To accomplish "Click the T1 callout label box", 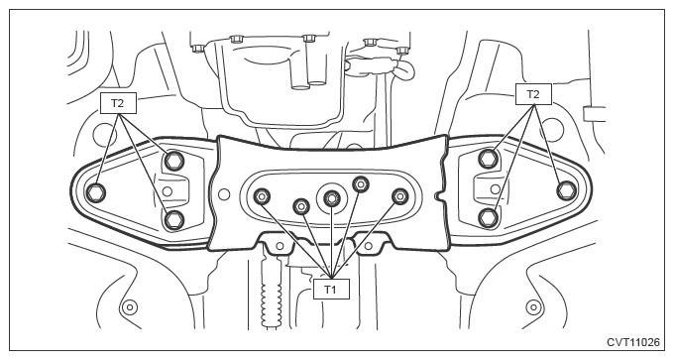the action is [x=331, y=289].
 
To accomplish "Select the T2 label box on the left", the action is [x=118, y=103].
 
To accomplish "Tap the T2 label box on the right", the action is [x=533, y=94].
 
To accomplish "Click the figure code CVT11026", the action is [x=632, y=342].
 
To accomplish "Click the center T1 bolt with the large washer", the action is [x=330, y=197].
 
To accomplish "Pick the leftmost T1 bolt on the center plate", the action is [x=262, y=197].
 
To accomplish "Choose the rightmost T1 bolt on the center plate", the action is [x=399, y=196].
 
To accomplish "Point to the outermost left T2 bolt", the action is [x=95, y=191].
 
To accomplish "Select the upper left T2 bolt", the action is [x=173, y=161].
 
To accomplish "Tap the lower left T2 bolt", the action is [x=173, y=220].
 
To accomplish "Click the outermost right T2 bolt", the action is [x=567, y=190].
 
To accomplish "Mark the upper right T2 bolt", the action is [x=488, y=159].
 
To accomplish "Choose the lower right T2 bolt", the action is [x=488, y=217].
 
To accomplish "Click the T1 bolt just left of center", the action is [x=301, y=206].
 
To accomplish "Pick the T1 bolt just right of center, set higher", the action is [x=361, y=184].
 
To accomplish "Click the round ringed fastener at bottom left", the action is [x=129, y=307].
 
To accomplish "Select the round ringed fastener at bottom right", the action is [x=532, y=307].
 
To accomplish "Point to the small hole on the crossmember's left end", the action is [x=224, y=194].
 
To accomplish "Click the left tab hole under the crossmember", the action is [x=280, y=246].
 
